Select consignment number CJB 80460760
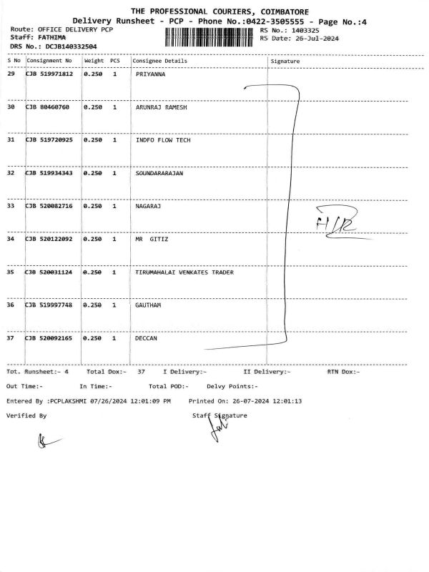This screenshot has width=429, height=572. coord(48,107)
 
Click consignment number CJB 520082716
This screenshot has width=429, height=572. coord(49,206)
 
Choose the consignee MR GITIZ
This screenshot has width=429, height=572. coord(152,239)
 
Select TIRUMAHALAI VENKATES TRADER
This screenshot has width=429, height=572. coord(184,272)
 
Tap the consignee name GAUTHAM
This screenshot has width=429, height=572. coord(148,305)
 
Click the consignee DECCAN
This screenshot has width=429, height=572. coord(146,338)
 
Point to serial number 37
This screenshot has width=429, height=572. coord(11,338)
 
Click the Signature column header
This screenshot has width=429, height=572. coord(285,61)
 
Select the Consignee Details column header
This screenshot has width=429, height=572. coord(160,61)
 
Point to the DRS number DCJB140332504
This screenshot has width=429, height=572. coord(71,46)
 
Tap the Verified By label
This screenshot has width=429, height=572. coord(26,415)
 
